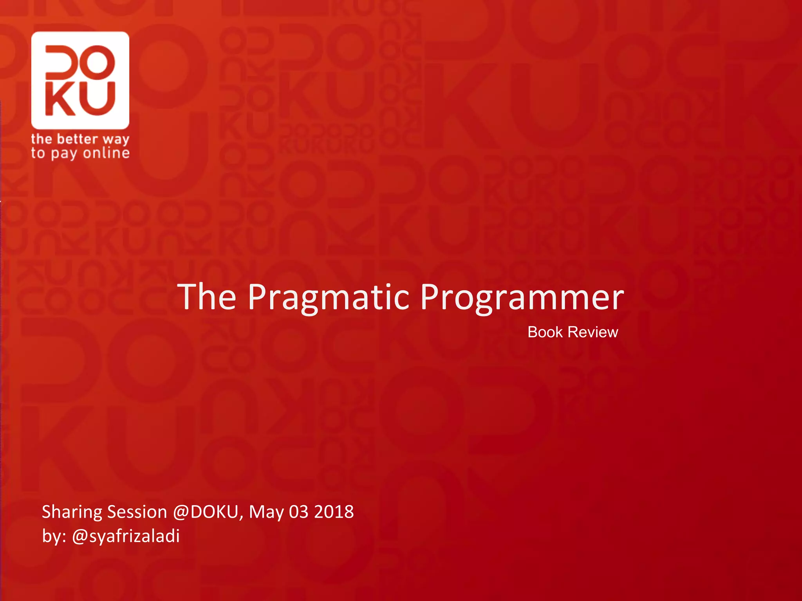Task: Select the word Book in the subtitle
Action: tap(545, 332)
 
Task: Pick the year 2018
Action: tap(334, 512)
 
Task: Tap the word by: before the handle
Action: tap(54, 536)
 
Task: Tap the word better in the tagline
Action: tap(77, 139)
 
